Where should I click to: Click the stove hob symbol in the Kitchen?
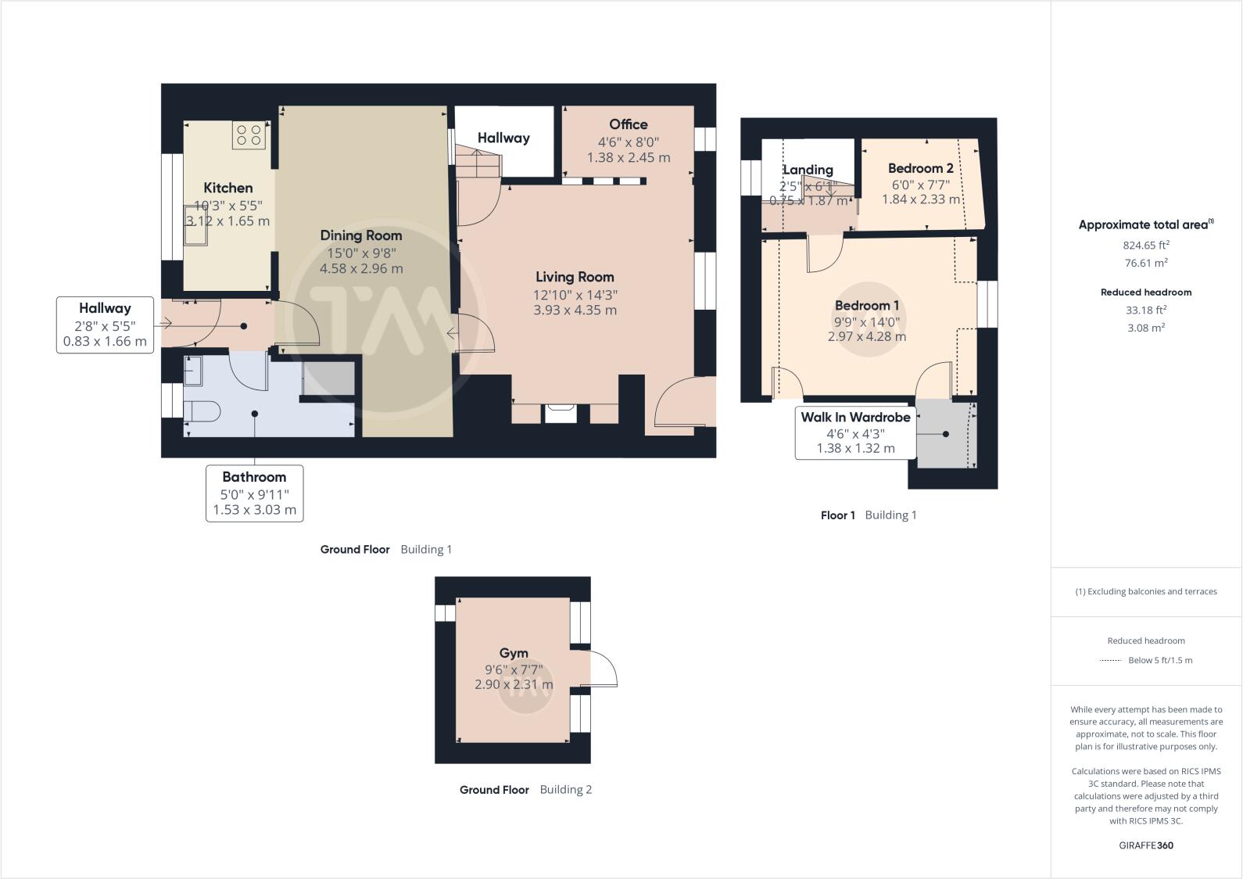[x=249, y=135]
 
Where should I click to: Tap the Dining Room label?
[x=360, y=235]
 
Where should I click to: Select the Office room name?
[x=628, y=124]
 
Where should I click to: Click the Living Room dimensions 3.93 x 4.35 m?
[x=575, y=310]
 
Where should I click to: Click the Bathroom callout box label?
[x=254, y=477]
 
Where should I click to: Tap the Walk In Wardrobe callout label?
[x=855, y=418]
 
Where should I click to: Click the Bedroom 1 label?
[x=866, y=306]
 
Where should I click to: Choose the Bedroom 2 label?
[x=920, y=168]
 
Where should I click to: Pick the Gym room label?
[x=514, y=653]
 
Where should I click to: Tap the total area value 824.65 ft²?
[x=1145, y=245]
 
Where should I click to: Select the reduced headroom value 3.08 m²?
[x=1145, y=328]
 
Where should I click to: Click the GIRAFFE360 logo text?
[x=1145, y=845]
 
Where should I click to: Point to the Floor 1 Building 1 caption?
[x=868, y=515]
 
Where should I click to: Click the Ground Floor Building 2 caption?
[x=525, y=790]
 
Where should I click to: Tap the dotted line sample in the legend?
[x=1110, y=661]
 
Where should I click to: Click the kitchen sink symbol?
[x=194, y=224]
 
